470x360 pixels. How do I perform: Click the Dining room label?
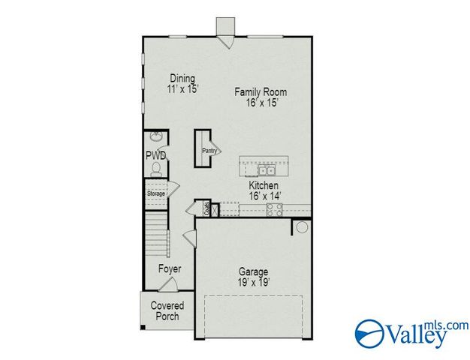click(x=182, y=78)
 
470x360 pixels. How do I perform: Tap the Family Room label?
click(x=261, y=92)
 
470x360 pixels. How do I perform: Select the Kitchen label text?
click(x=264, y=185)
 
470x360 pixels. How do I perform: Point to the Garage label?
click(x=254, y=271)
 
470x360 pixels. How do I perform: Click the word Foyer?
click(x=169, y=268)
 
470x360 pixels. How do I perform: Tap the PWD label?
click(x=155, y=155)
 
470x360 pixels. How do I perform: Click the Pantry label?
click(x=208, y=150)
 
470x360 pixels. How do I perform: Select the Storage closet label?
click(x=155, y=193)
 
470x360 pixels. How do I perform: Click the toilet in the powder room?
click(x=156, y=170)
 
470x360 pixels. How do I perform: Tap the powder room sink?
click(x=155, y=137)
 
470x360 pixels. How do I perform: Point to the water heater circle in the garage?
click(x=302, y=227)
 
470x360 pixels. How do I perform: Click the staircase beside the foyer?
click(x=156, y=232)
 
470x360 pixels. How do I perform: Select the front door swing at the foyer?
click(x=170, y=285)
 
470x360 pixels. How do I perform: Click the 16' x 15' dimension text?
click(x=261, y=103)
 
